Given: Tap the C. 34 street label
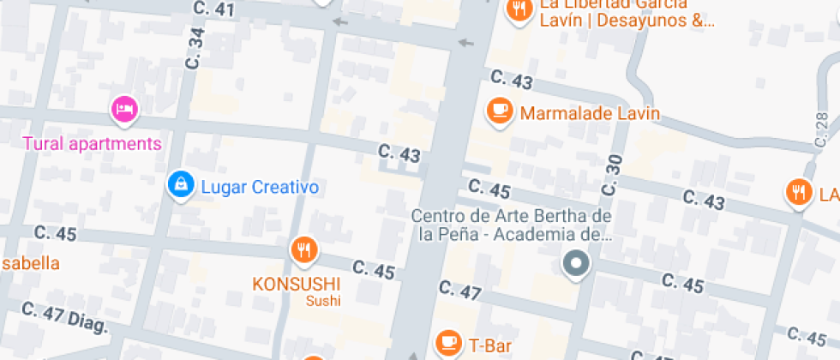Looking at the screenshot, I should pos(196,49).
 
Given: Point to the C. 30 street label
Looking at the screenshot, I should pos(612,175).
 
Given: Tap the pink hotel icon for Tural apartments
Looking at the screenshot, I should pos(124,109).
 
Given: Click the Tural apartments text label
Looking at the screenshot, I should pos(92,143).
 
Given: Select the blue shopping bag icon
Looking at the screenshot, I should pos(180,183).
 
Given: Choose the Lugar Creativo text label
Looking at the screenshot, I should pos(260,187).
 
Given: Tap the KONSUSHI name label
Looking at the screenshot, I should pos(296,283).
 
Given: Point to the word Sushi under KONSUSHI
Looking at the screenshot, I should pos(323,301).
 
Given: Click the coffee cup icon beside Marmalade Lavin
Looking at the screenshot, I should pos(499,111).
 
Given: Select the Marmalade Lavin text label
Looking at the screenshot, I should pos(590,113).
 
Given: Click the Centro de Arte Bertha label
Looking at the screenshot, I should pos(512,224).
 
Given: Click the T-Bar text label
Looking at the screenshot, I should pos(489,345).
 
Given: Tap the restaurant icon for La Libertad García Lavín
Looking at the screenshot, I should pos(519,10).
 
